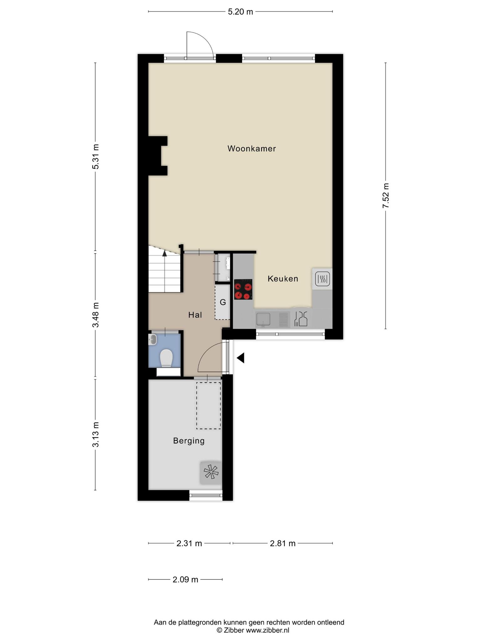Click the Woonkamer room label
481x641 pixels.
point(251,148)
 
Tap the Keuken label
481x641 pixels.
point(283,279)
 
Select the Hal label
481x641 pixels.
point(195,315)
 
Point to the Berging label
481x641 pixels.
point(189,441)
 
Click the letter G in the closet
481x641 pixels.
point(223,302)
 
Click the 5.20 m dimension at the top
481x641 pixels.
point(240,12)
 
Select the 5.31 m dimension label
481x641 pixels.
point(96,156)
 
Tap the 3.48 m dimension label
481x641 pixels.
point(96,315)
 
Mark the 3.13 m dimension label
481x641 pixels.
point(96,435)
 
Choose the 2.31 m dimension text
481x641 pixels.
point(189,543)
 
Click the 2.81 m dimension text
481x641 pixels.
point(283,543)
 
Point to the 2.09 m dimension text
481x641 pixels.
point(185,580)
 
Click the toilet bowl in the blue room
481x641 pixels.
point(166,358)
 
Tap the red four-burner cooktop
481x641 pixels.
point(243,289)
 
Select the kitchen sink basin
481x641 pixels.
point(263,320)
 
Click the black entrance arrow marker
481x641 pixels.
point(240,358)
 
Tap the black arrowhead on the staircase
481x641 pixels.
point(165,253)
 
